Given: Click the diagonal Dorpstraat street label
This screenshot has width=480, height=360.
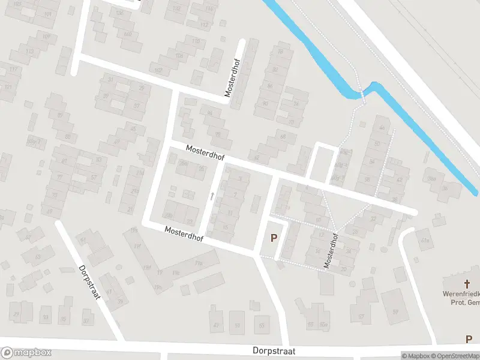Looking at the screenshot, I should tap(92, 286).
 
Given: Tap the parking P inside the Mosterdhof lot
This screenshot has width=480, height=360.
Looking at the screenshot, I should tap(274, 238).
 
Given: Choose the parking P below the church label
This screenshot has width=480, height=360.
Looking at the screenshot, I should tap(469, 340).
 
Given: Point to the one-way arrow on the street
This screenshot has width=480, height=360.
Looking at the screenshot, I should tap(211, 195).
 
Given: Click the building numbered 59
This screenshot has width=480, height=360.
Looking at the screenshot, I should tap(395, 311).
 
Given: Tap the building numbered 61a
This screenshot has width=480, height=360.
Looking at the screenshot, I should tap(426, 241).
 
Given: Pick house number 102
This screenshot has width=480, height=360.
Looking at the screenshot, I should tap(158, 70).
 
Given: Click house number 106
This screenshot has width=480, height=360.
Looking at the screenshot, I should tap(178, 56).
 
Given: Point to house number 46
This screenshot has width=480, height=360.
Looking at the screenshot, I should tap(382, 127).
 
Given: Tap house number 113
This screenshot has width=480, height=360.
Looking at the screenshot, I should tap(29, 52).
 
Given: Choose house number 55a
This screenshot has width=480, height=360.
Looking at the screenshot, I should tap(324, 325).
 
